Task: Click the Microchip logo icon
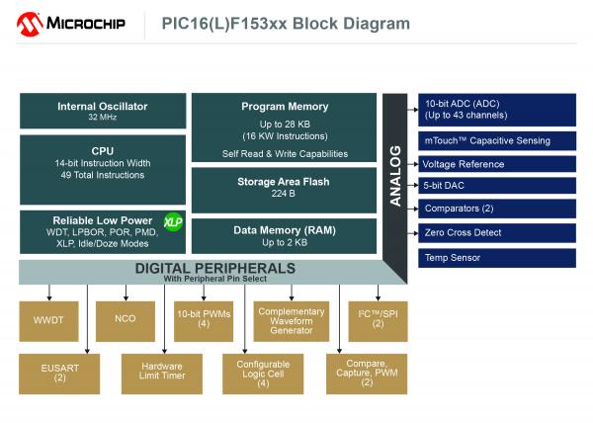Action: coord(30,24)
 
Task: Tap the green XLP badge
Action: coord(173,222)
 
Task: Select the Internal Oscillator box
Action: coord(103,111)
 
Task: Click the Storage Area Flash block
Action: coord(284,190)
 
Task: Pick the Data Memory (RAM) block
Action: coord(284,236)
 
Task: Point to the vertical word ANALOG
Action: coord(395,176)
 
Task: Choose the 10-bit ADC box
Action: coord(497,110)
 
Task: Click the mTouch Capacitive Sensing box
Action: coord(497,141)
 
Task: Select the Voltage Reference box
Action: coord(497,164)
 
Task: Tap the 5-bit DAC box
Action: coord(497,186)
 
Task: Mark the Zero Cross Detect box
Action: coord(497,233)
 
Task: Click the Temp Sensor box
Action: coord(497,258)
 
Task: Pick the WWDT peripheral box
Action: coord(48,321)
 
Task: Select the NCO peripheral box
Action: coord(126,321)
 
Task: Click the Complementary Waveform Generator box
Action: coord(292,321)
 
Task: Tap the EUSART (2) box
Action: coord(59,374)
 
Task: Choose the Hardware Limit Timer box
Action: coord(162,374)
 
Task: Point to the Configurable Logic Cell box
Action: coord(263,374)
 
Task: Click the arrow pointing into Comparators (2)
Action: coord(412,209)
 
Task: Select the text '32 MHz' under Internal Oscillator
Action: coord(103,118)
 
